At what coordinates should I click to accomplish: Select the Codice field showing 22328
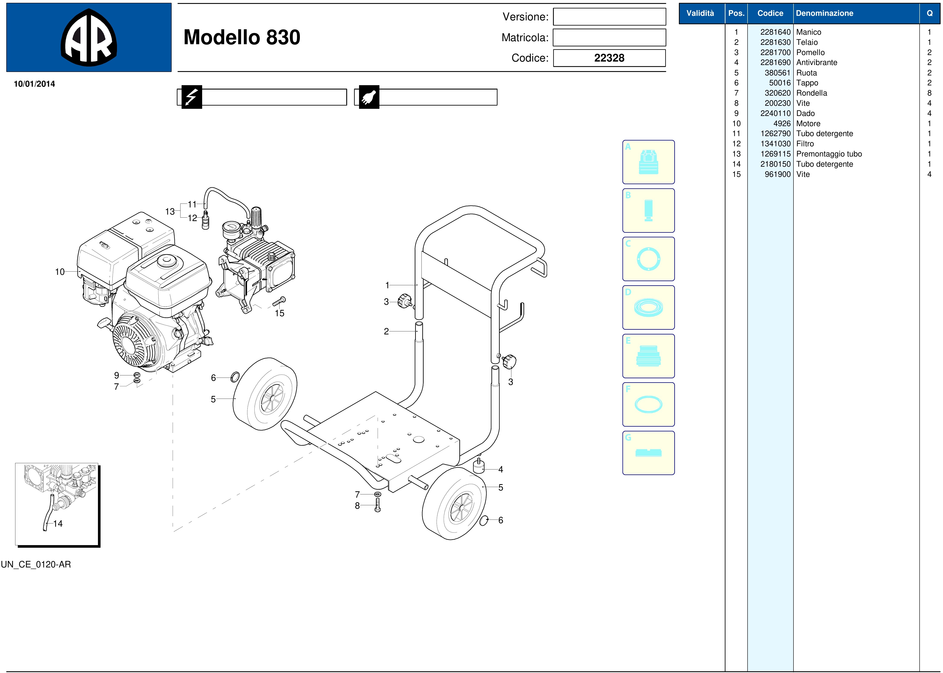pyautogui.click(x=609, y=58)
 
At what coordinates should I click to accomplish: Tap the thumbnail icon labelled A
pyautogui.click(x=648, y=162)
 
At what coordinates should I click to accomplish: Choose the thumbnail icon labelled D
pyautogui.click(x=648, y=308)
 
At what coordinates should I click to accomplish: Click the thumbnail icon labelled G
pyautogui.click(x=648, y=453)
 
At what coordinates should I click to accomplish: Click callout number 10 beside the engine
pyautogui.click(x=60, y=272)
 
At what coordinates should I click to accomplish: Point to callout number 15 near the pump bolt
pyautogui.click(x=280, y=313)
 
